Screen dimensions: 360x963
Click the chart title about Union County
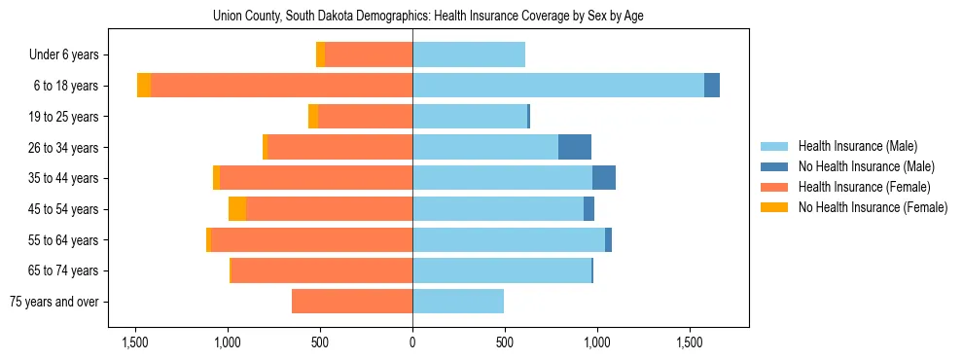click(x=428, y=16)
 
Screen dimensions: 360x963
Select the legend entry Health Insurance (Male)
click(x=855, y=146)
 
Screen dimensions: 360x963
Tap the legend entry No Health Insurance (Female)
click(x=873, y=207)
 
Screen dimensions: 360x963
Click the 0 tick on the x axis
click(x=412, y=342)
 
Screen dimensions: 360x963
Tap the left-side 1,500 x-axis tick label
click(x=134, y=342)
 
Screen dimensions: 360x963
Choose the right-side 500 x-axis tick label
click(x=504, y=342)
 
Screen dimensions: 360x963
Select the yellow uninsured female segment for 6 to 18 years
click(x=144, y=86)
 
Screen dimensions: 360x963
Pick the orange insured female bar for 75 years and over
click(x=352, y=302)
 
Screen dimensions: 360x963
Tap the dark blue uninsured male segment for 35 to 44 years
click(x=604, y=178)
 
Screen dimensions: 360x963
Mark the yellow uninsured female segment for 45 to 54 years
click(x=237, y=209)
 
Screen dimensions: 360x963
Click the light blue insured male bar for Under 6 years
click(x=469, y=54)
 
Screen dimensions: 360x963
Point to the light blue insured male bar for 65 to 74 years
click(x=501, y=270)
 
